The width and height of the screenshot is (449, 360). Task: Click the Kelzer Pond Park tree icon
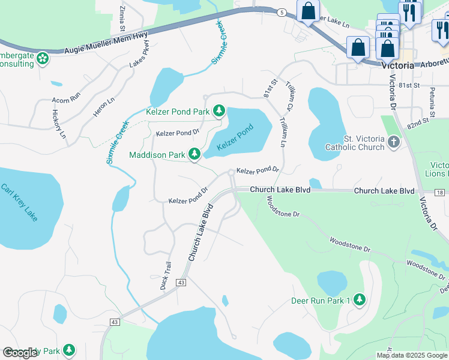pyautogui.click(x=219, y=111)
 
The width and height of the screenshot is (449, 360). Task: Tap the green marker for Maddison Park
pyautogui.click(x=194, y=155)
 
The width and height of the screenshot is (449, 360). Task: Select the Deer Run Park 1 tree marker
pyautogui.click(x=359, y=299)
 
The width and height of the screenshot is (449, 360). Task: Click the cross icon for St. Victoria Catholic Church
pyautogui.click(x=394, y=142)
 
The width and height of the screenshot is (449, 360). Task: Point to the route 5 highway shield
pyautogui.click(x=281, y=12)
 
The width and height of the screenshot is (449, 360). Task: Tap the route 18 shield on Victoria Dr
pyautogui.click(x=440, y=192)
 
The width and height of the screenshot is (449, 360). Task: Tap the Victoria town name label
pyautogui.click(x=397, y=66)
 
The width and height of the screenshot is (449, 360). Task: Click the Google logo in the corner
pyautogui.click(x=20, y=353)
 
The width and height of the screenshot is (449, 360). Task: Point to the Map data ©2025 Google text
pyautogui.click(x=412, y=355)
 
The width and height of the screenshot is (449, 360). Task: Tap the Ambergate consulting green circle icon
pyautogui.click(x=42, y=58)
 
